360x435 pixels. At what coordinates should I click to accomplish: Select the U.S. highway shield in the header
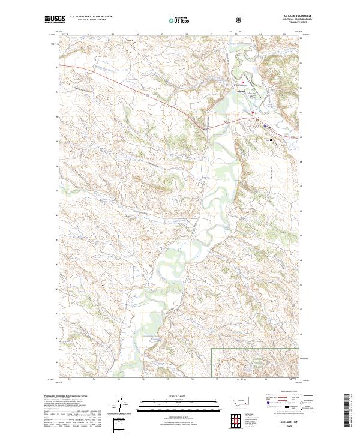point(239,20)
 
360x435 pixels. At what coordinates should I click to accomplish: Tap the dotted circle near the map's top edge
point(131,41)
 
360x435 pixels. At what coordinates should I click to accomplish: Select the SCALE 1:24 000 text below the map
point(169,395)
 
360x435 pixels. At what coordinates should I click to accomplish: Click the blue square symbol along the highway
point(265,126)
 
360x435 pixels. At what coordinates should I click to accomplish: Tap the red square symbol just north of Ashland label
point(242,82)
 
